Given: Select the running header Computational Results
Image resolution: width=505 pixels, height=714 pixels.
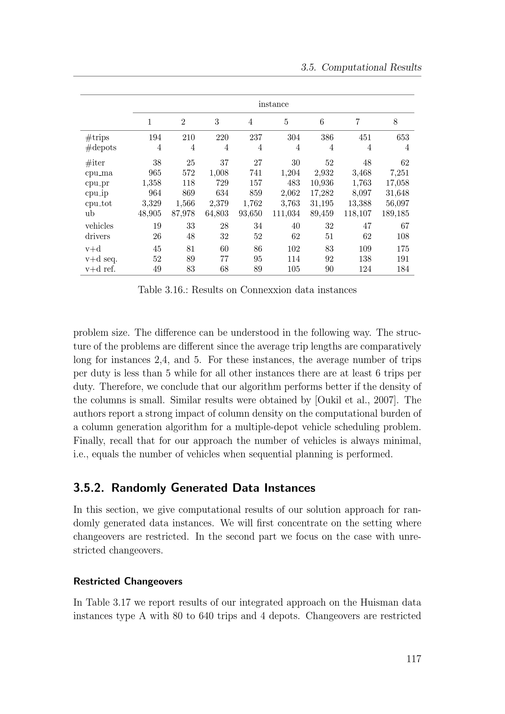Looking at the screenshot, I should (371, 67).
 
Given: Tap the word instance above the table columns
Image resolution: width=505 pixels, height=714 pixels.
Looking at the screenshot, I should (273, 104).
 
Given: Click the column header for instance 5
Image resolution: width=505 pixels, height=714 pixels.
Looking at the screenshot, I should (286, 122).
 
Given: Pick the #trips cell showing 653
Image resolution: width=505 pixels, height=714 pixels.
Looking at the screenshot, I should (403, 137).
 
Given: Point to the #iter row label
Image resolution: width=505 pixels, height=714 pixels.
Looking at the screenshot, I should (95, 163).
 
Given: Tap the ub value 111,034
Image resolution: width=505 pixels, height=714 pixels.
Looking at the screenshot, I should (286, 213).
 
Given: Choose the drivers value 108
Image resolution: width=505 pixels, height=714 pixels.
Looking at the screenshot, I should (403, 236).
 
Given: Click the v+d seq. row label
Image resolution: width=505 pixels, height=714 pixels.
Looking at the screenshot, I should (101, 259).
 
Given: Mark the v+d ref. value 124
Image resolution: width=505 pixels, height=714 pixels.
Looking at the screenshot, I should (365, 269).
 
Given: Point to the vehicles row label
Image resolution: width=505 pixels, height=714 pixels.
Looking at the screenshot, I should (99, 226).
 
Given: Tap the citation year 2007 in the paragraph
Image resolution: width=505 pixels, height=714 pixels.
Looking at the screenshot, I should (383, 400).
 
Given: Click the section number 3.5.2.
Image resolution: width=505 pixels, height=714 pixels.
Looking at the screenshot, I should (88, 487).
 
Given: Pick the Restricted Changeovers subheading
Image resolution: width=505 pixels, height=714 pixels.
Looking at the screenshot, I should (128, 581).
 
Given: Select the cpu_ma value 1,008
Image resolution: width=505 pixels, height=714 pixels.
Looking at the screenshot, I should (219, 173).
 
